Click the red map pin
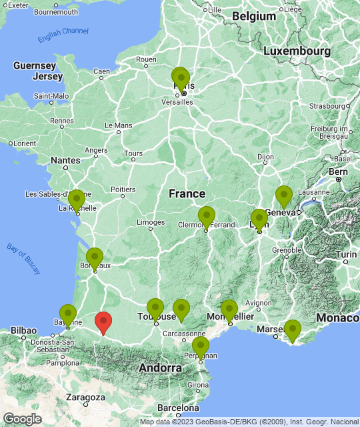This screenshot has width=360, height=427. point(103,322)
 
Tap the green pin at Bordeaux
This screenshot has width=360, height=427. point(95,258)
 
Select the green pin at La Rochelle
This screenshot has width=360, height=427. point(77,199)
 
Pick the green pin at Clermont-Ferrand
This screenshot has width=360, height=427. point(207,216)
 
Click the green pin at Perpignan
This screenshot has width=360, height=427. point(201,346)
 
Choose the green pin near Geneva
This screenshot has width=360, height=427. point(284,195)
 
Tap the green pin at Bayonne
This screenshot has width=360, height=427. point(68,314)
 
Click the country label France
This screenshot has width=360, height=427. point(187,193)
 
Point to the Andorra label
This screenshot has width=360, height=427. point(160,368)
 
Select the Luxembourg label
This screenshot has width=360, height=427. point(297,51)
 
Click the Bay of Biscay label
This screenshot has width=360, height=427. point(24,258)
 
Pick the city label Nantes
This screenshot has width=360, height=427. point(65,160)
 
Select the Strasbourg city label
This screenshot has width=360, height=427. point(327,105)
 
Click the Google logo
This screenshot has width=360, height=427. point(23,418)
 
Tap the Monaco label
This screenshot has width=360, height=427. point(338,318)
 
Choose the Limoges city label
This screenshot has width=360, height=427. point(151,222)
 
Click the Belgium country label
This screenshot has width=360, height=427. point(254,16)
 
